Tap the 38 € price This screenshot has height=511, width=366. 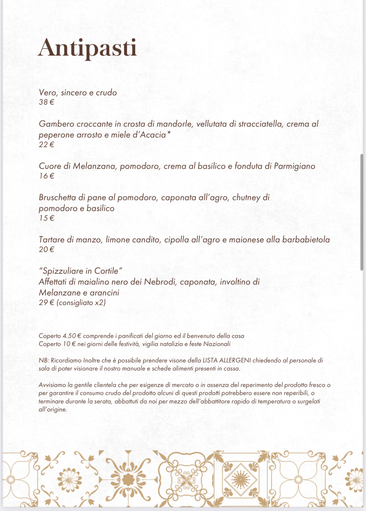pos(47,102)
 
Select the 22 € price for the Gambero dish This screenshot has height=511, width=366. pos(47,145)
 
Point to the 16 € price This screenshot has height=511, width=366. pos(47,176)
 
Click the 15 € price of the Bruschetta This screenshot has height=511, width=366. pos(47,218)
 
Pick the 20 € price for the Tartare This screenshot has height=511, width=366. pos(47,249)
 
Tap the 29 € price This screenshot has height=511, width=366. pos(47,303)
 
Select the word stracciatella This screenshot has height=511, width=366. pos(260,124)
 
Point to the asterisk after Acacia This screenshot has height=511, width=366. pos(169,133)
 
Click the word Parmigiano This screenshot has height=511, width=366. pos(294,166)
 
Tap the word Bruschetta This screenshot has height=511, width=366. pos(57,198)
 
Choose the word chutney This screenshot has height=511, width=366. pos(246,198)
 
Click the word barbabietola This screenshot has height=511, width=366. pos(306,240)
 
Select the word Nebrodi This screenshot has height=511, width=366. pos(160,282)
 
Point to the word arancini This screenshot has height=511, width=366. pos(104,293)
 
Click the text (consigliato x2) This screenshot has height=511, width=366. pos(81,303)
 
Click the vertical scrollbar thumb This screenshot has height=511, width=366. pos(362,212)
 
